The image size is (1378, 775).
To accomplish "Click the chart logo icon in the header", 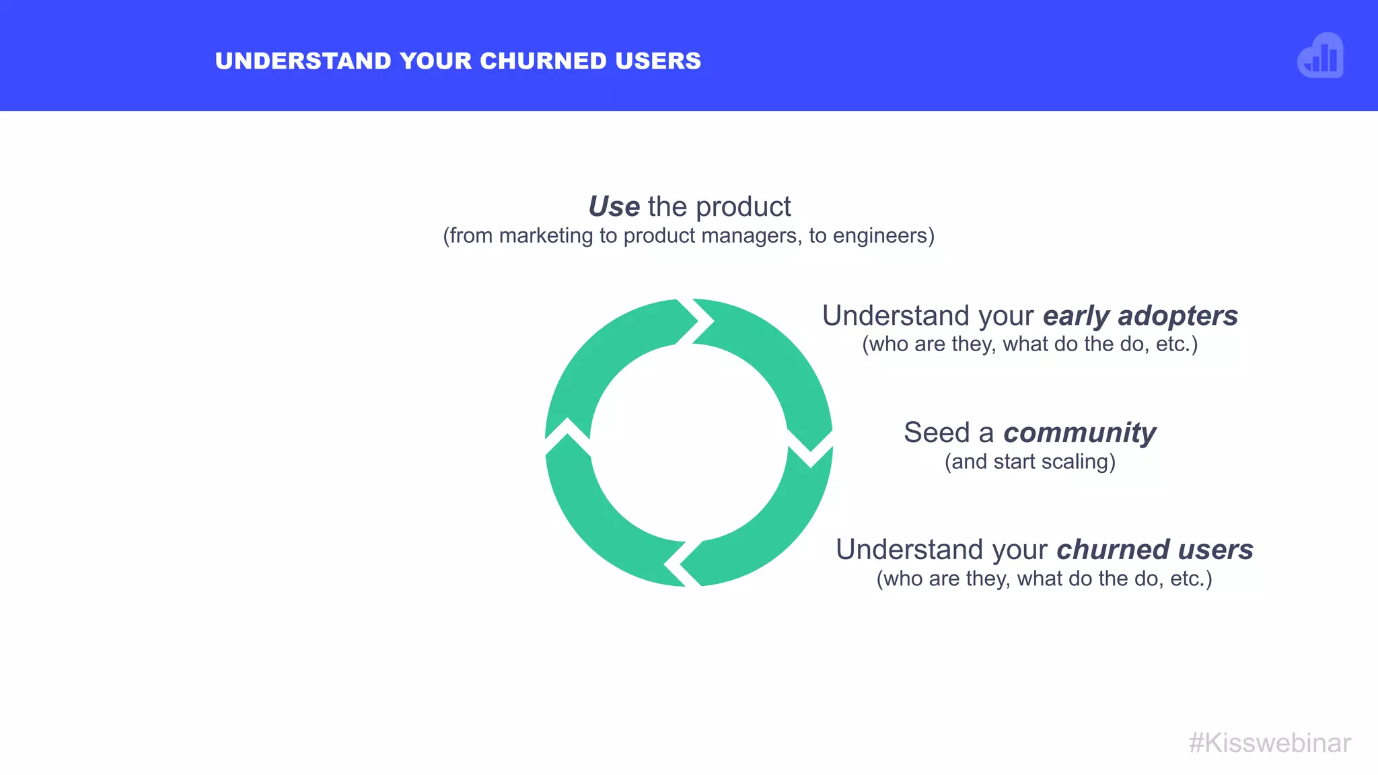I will click(x=1320, y=56).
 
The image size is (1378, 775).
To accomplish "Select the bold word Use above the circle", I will click(x=614, y=207).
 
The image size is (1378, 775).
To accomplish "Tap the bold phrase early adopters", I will click(x=1140, y=316).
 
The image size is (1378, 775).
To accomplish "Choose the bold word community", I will click(x=1079, y=433).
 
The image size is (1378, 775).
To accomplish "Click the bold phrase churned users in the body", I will click(x=1155, y=550).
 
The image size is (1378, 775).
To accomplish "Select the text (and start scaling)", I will click(x=1030, y=462).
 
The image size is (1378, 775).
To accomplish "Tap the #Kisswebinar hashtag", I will click(x=1270, y=743).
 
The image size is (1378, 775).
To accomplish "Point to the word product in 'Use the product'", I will click(x=744, y=207).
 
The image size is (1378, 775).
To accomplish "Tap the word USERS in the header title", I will click(x=658, y=61).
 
